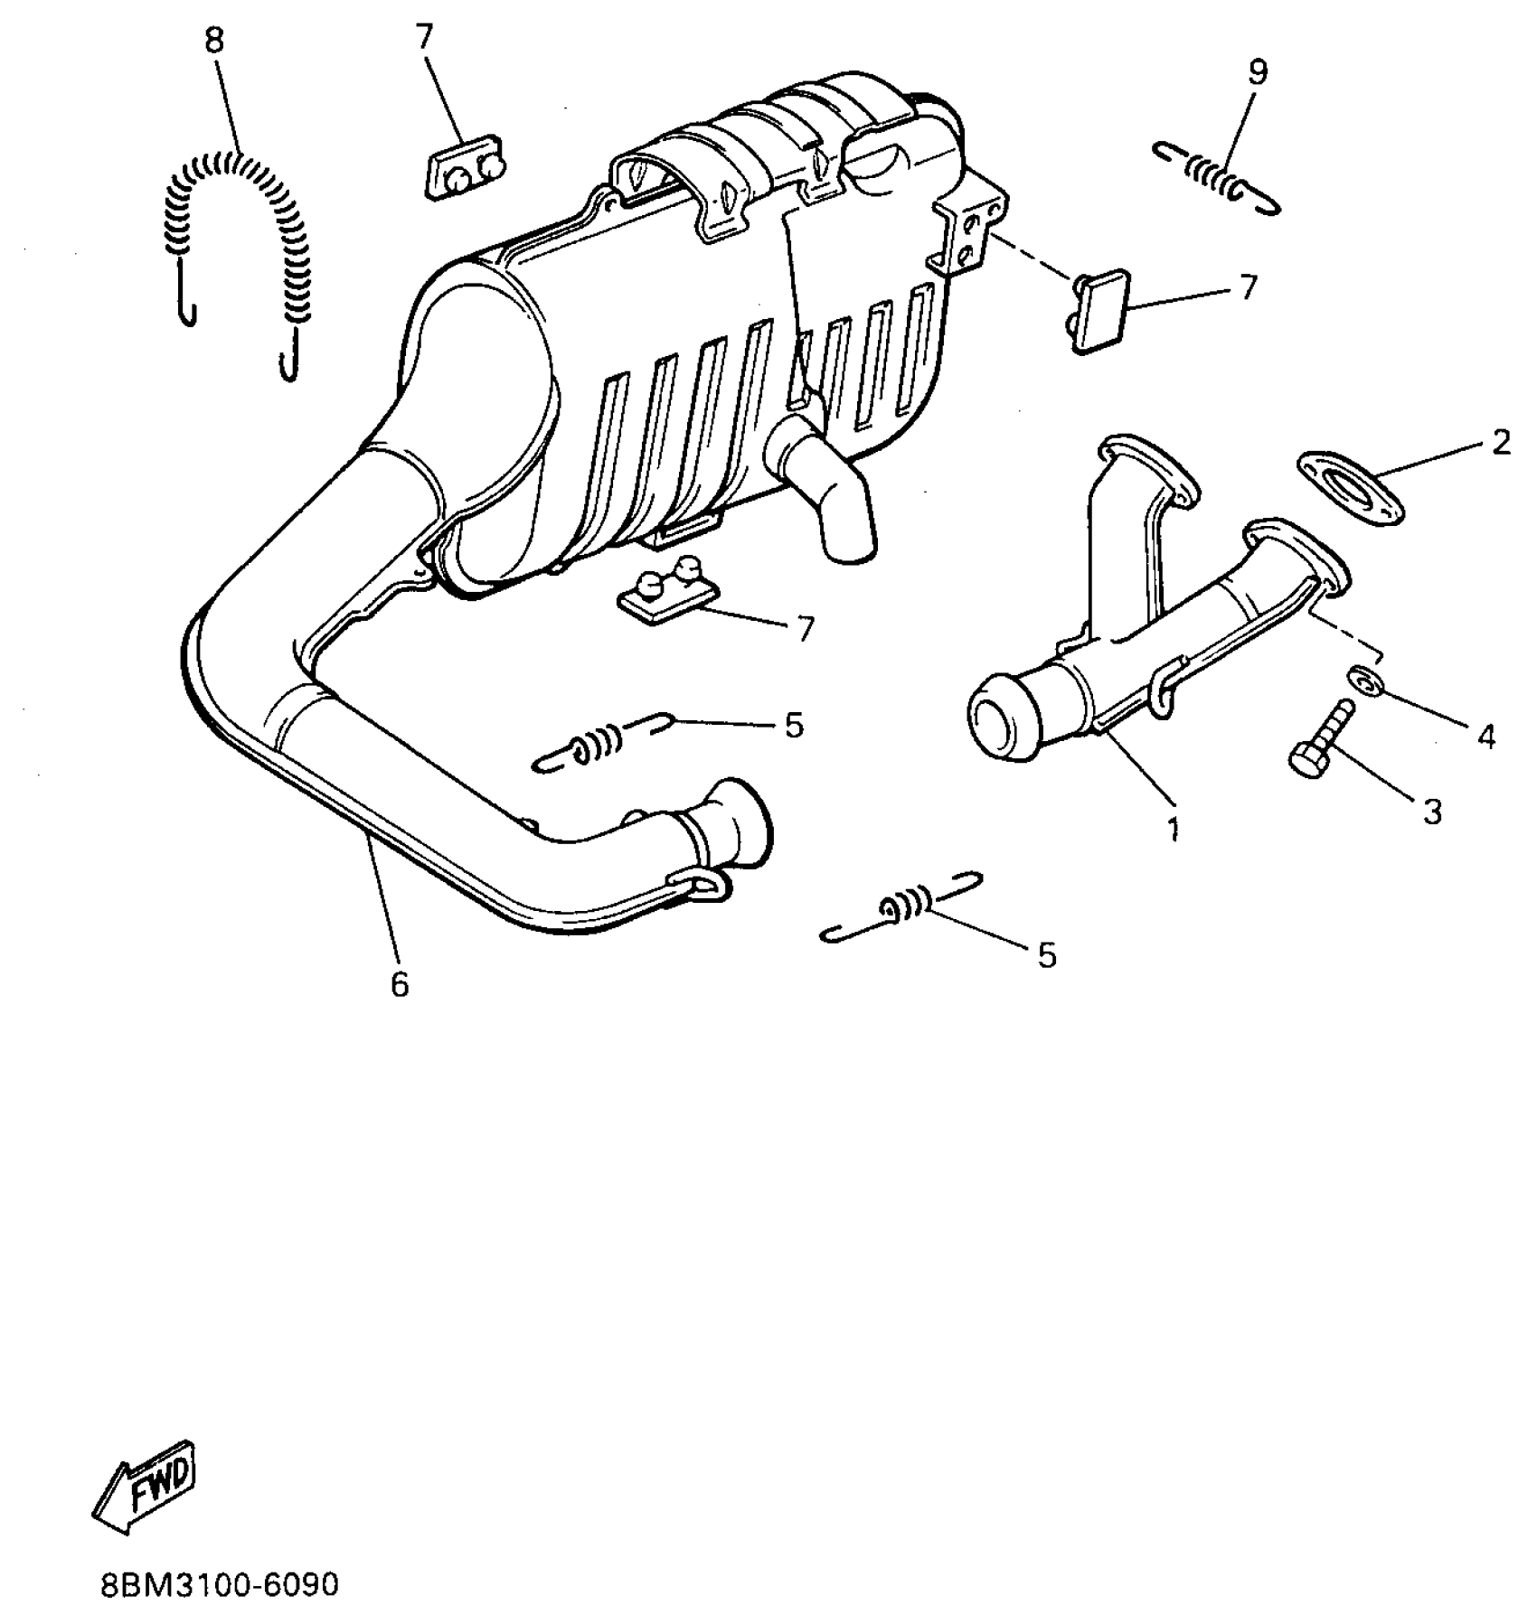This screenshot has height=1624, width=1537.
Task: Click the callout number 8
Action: point(214,42)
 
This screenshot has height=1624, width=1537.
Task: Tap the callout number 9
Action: point(1258,72)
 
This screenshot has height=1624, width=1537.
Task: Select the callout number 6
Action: point(400,983)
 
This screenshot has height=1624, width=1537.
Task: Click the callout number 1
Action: point(1173,828)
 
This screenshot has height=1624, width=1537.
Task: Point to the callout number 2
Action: point(1500,442)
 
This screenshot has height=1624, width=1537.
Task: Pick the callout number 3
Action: point(1431,811)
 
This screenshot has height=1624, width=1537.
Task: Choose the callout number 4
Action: point(1485,737)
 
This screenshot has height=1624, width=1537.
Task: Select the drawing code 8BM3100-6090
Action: point(219,1584)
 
